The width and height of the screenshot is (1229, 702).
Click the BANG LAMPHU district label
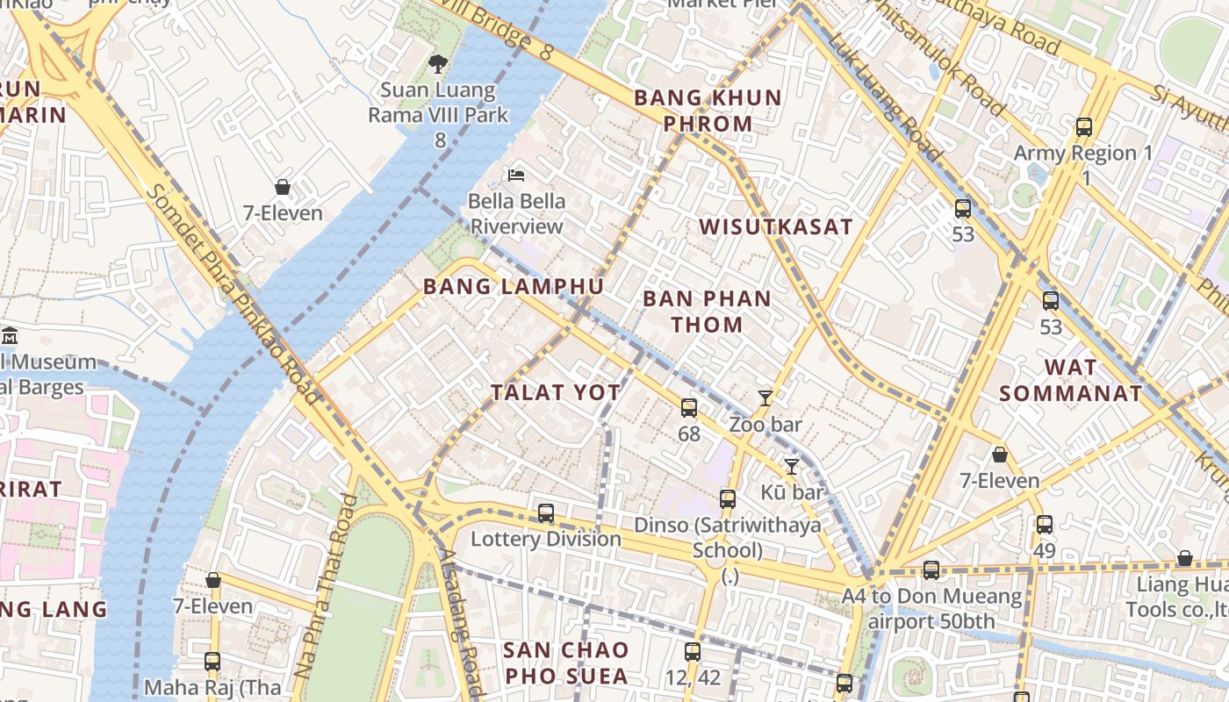click(513, 287)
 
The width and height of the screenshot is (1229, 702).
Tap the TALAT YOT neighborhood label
click(555, 393)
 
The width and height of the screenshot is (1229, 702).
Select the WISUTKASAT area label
click(775, 226)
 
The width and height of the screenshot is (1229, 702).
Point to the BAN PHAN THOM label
click(707, 312)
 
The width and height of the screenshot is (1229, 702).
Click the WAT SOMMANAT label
click(1070, 380)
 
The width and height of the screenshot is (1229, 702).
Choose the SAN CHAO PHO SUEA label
click(566, 663)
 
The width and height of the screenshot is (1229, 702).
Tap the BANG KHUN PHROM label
click(708, 111)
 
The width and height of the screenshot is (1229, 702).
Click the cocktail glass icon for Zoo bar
click(765, 398)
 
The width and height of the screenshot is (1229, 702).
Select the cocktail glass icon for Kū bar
click(792, 467)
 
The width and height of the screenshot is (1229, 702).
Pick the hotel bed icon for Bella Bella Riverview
click(516, 175)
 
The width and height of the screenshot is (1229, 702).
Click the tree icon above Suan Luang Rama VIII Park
click(437, 64)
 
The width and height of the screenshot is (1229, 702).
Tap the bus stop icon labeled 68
click(689, 408)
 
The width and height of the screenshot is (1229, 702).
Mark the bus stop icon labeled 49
click(1044, 525)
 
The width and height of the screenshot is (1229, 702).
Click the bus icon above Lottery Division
click(546, 513)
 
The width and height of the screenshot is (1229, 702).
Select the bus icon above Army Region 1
click(1084, 127)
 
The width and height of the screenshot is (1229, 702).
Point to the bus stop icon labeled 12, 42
click(693, 652)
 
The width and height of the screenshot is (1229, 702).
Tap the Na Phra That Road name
click(325, 586)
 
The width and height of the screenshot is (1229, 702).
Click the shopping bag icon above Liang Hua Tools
click(1184, 559)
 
